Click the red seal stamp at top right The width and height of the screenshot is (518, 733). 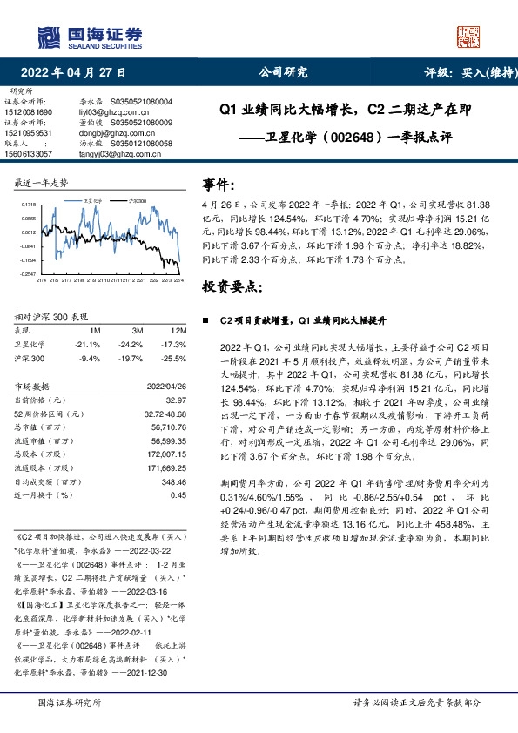(468, 36)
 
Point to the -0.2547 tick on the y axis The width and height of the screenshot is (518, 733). (27, 273)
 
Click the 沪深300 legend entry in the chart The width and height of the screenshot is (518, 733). (136, 199)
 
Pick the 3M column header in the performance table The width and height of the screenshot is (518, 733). (137, 332)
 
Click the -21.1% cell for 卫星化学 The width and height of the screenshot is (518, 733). (89, 345)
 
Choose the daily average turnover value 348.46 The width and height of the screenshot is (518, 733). (172, 481)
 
